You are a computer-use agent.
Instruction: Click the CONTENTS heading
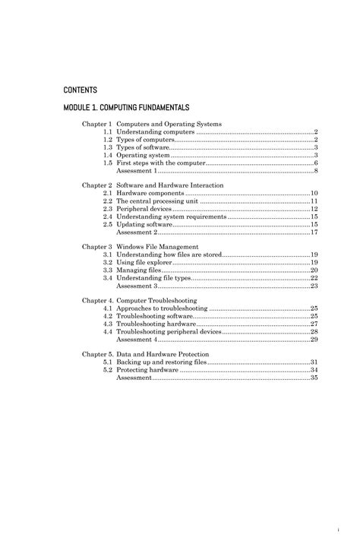[x=81, y=90]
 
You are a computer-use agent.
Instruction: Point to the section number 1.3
[x=108, y=147]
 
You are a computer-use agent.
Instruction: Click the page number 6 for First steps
[x=315, y=163]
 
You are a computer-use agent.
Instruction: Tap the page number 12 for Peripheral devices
[x=314, y=209]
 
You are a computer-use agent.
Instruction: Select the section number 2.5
[x=108, y=225]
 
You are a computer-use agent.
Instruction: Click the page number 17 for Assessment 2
[x=314, y=232]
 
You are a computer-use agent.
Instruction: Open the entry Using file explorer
[x=143, y=262]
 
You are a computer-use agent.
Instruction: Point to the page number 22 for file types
[x=314, y=278]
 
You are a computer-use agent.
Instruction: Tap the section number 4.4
[x=108, y=332]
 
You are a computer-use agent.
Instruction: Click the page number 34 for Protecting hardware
[x=314, y=370]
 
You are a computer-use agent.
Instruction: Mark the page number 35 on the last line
[x=314, y=378]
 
